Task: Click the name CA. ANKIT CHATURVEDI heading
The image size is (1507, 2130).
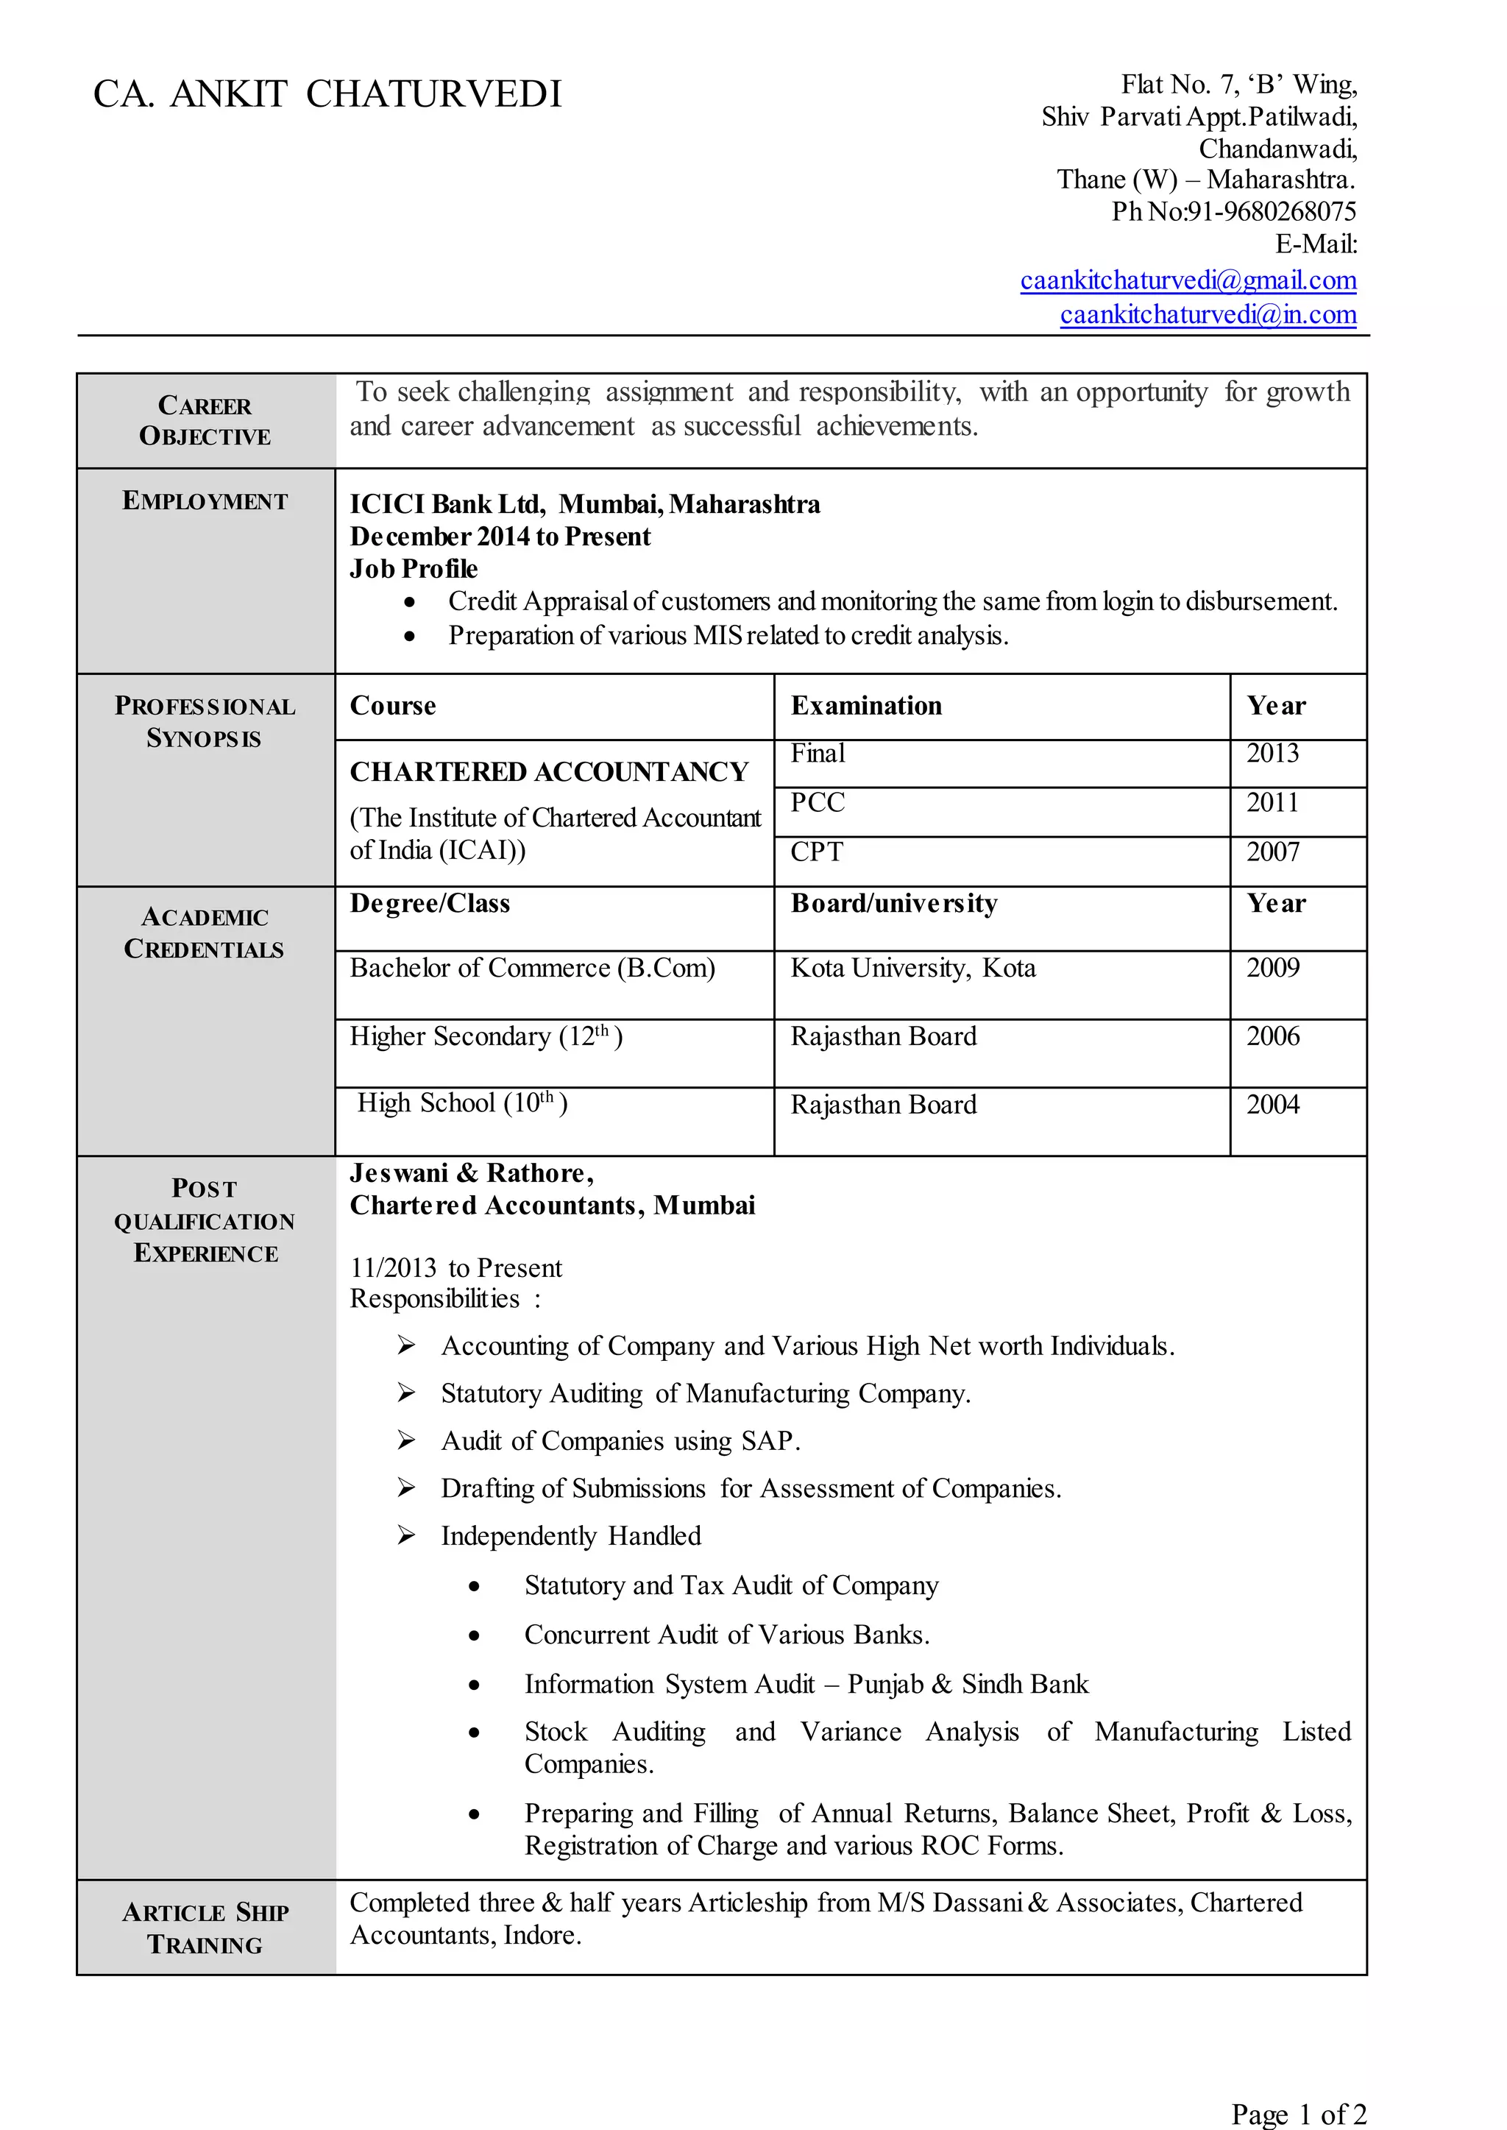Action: (327, 95)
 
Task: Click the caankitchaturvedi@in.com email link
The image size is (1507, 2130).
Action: (1208, 314)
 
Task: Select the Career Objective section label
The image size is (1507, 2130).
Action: (205, 420)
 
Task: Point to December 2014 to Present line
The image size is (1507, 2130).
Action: (500, 537)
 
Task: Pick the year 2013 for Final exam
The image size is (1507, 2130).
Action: (1272, 753)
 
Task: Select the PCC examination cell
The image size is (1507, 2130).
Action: (817, 802)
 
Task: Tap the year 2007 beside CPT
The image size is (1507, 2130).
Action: (1272, 851)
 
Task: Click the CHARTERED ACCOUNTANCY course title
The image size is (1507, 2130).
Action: (548, 771)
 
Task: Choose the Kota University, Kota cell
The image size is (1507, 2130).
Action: (912, 968)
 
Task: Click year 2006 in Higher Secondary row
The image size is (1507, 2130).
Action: (1272, 1036)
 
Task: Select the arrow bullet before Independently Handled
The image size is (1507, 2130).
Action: (405, 1535)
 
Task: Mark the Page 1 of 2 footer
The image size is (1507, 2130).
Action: (1297, 2113)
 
